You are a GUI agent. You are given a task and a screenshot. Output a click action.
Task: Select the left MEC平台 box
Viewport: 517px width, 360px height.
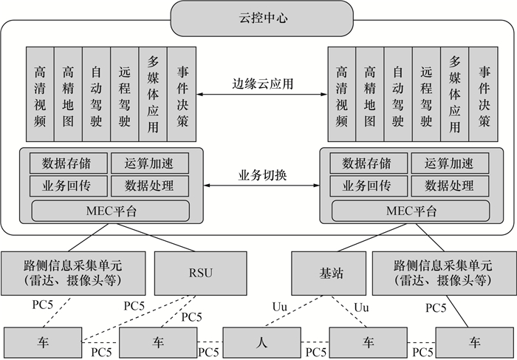tap(105, 210)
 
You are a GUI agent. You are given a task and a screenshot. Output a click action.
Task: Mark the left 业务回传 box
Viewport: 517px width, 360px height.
tap(68, 185)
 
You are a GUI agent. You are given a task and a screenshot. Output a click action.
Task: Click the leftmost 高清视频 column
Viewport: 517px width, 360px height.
tap(40, 94)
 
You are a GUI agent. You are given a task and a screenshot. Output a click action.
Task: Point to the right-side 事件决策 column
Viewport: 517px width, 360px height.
tap(484, 94)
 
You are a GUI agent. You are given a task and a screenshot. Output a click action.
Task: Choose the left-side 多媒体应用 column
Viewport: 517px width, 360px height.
tap(153, 94)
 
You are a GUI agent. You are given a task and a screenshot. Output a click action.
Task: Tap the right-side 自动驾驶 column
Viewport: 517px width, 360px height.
tap(398, 94)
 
